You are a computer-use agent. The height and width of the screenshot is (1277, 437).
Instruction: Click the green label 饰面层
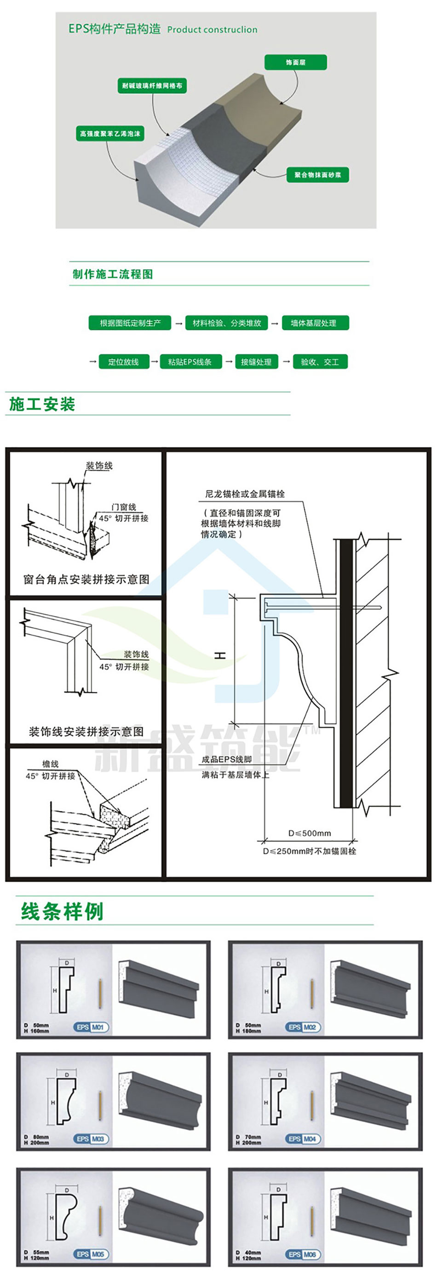pos(295,63)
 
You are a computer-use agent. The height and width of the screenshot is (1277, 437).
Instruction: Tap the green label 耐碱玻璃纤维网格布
pos(152,86)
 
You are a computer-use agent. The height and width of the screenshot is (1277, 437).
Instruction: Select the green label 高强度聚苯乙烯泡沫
pos(110,133)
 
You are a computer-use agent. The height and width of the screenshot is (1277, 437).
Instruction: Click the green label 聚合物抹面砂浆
pos(317,174)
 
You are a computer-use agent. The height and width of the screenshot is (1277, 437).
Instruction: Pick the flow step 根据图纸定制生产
pos(130,323)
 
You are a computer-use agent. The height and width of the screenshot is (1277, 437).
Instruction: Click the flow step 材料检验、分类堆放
pos(226,323)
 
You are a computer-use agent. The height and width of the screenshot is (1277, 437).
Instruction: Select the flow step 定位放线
pos(123,362)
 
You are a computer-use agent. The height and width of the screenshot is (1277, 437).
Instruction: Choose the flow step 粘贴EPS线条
pos(190,362)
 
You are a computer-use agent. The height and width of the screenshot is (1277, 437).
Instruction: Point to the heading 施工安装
pos(42,404)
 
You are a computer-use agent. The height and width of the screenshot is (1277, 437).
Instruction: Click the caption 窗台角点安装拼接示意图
pos(86,579)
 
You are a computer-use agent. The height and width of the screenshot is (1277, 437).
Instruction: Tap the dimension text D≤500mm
pos(310,833)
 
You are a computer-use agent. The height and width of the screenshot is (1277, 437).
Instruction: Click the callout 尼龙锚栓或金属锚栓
pos(245,494)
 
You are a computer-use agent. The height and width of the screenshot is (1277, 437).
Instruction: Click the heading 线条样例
pos(62,911)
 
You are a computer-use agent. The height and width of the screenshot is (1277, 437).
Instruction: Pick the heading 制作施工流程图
pos(113,274)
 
